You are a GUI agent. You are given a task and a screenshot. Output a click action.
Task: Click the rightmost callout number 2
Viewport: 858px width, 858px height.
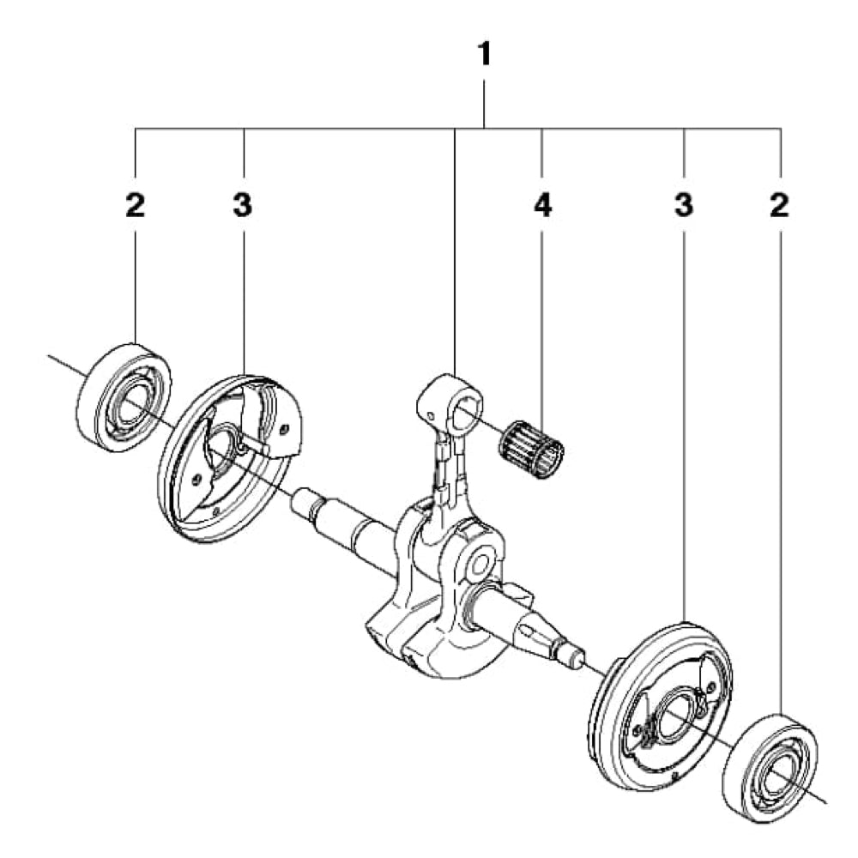click(x=779, y=206)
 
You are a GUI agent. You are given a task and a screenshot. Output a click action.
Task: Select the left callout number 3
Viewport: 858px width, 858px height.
click(x=243, y=206)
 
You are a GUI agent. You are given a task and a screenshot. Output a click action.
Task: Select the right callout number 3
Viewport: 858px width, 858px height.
click(x=683, y=206)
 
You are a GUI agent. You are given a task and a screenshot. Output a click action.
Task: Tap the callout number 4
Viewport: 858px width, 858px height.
click(x=542, y=206)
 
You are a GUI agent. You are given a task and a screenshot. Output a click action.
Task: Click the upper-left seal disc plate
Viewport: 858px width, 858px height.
click(x=232, y=459)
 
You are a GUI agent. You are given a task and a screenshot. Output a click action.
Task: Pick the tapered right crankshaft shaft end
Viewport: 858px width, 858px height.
click(x=541, y=631)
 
